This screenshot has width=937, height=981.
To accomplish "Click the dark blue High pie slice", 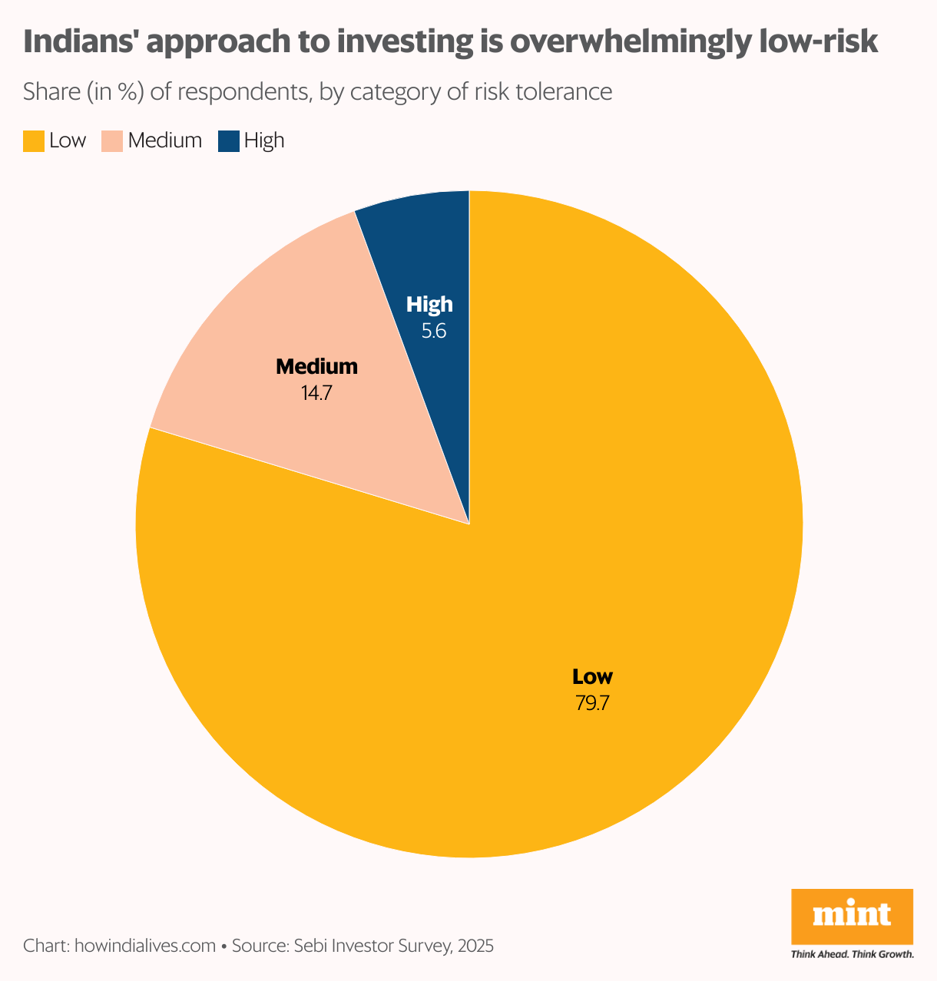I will click(x=434, y=253).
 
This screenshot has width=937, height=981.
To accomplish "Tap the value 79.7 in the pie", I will click(x=592, y=703).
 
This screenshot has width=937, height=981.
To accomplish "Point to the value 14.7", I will click(x=316, y=393).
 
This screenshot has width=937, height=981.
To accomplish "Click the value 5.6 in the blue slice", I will click(x=434, y=332).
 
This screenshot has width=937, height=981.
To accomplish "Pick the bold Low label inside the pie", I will click(x=592, y=677).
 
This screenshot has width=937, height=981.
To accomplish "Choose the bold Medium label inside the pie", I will click(x=316, y=367).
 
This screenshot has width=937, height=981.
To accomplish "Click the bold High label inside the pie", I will click(x=429, y=305).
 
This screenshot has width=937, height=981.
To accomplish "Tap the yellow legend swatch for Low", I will click(x=33, y=141).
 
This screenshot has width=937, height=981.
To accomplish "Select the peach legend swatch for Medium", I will click(x=112, y=141).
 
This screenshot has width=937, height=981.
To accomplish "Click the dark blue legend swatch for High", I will click(x=228, y=141).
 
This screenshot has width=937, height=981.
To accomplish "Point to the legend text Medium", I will click(x=164, y=141).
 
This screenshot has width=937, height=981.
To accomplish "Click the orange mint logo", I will click(x=852, y=916).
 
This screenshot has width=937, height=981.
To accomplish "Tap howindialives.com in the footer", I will click(x=144, y=946).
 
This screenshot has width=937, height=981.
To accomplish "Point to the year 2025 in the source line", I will click(x=475, y=946).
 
